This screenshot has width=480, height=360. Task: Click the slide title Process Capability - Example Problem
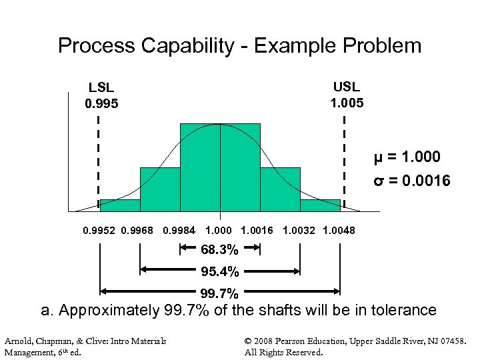240,46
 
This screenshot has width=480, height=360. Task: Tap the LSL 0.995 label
101,95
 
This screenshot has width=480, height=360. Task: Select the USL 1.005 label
347,94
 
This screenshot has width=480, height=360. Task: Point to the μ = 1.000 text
407,157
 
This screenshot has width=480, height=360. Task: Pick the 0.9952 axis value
99,231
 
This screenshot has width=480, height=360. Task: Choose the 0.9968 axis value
137,231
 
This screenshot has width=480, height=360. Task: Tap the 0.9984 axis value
179,231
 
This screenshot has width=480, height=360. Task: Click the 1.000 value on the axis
219,231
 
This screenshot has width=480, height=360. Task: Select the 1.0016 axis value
257,231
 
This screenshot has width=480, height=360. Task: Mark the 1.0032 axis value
299,231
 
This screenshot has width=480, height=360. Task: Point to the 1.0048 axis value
339,231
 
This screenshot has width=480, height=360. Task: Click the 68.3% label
220,250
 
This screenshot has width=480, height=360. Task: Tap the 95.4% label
220,271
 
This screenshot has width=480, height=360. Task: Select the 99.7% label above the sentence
220,293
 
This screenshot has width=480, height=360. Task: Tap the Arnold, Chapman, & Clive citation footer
85,347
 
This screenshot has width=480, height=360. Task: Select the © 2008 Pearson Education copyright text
355,347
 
